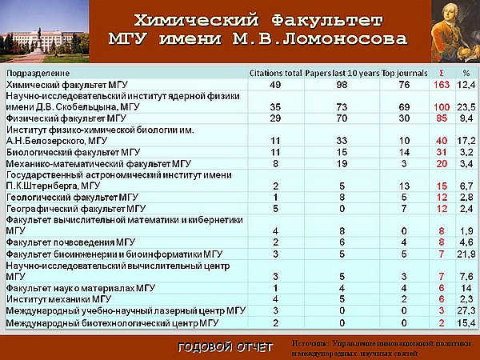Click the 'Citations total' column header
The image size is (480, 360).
click(x=275, y=73)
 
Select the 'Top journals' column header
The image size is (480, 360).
click(x=404, y=73)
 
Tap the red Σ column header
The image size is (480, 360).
click(x=442, y=73)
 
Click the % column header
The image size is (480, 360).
click(x=466, y=73)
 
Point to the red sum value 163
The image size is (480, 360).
click(x=442, y=85)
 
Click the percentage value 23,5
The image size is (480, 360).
click(x=466, y=107)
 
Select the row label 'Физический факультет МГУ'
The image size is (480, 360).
click(x=66, y=118)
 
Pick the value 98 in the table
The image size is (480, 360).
click(x=342, y=85)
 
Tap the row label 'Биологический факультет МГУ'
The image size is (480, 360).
click(x=73, y=152)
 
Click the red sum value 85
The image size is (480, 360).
click(x=442, y=118)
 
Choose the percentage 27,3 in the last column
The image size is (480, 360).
click(x=466, y=310)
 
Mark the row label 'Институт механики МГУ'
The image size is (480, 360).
click(x=58, y=299)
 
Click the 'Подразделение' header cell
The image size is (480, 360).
click(x=38, y=74)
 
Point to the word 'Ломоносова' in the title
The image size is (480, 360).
click(x=345, y=39)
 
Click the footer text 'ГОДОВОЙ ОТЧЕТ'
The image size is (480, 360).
click(x=226, y=347)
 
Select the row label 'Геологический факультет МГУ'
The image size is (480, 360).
click(x=72, y=198)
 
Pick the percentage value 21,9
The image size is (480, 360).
click(x=466, y=254)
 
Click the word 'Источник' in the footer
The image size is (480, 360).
click(x=310, y=344)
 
